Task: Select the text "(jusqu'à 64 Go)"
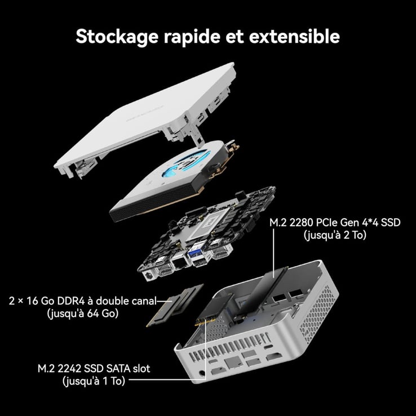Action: [x=82, y=313]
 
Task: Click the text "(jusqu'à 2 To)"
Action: [x=335, y=234]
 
